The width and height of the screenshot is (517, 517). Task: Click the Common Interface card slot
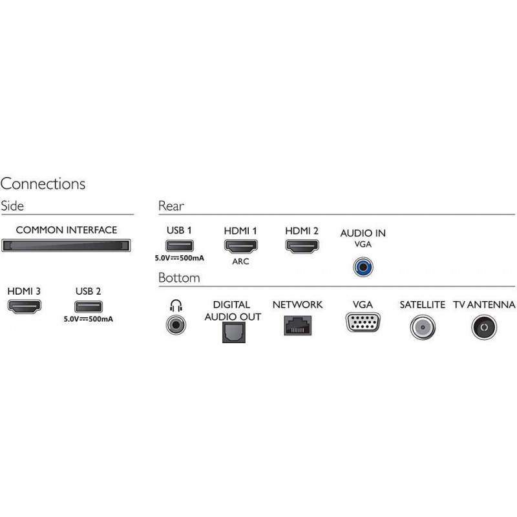click(x=66, y=246)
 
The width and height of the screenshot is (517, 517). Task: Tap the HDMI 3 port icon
click(x=25, y=306)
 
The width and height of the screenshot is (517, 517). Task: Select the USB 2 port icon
click(x=89, y=306)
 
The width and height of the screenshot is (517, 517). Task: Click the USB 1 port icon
click(x=180, y=246)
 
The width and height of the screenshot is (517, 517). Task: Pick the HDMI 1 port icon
click(x=240, y=246)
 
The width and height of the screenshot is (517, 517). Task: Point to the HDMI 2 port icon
click(x=302, y=246)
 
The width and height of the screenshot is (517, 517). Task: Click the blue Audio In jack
click(x=363, y=267)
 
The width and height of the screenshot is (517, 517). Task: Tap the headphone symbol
click(x=176, y=306)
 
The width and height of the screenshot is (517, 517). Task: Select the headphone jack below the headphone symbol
click(x=176, y=325)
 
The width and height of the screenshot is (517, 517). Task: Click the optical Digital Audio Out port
click(x=234, y=332)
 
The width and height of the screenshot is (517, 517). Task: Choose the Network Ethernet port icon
click(x=298, y=326)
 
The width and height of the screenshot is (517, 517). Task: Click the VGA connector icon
click(x=363, y=322)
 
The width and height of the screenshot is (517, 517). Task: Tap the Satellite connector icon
click(x=423, y=327)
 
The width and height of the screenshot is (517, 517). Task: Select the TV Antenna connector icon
click(x=484, y=327)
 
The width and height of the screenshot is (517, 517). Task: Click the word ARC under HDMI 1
click(x=240, y=262)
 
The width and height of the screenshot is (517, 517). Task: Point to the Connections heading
click(x=43, y=184)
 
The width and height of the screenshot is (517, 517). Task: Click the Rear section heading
click(x=171, y=206)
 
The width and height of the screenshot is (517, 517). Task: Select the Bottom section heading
click(x=179, y=278)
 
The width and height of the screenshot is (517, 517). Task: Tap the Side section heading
click(x=12, y=206)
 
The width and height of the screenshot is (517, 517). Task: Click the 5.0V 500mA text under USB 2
click(x=89, y=319)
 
